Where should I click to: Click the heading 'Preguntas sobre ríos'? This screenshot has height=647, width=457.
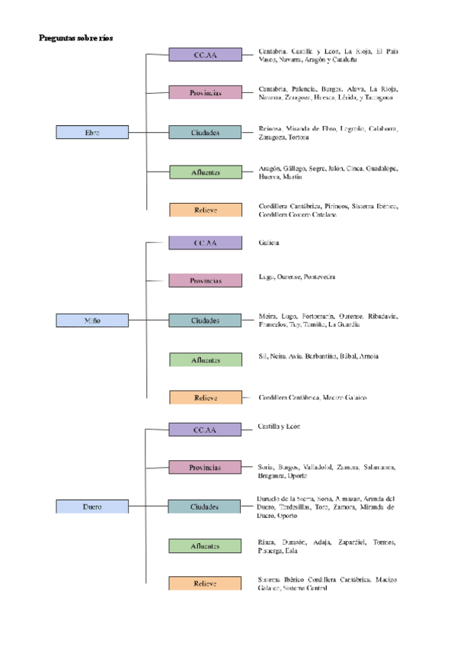point(75,37)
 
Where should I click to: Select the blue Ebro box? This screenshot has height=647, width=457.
point(92,133)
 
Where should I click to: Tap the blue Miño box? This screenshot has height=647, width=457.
point(92,320)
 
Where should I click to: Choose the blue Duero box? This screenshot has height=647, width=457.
point(92,507)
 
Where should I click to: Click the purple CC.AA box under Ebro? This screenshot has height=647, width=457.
point(205,55)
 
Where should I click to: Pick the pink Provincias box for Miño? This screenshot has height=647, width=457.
point(205,280)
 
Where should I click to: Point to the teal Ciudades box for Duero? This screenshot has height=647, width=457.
point(205,507)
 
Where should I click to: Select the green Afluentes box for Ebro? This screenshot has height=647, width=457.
point(205,172)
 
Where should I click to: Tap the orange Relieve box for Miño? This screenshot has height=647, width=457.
point(205,398)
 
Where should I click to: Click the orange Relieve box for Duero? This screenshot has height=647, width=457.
point(205,584)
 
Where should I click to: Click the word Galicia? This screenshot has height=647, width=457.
point(269,243)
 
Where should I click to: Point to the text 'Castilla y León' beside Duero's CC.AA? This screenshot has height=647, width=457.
point(280,426)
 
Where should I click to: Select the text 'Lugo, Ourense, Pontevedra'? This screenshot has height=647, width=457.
point(297,276)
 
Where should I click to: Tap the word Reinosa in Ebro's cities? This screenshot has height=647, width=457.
point(271,128)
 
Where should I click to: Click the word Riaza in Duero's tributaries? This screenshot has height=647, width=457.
point(267,542)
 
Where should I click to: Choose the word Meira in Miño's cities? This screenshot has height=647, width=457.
point(267,316)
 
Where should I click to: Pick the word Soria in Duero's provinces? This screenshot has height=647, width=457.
point(267,466)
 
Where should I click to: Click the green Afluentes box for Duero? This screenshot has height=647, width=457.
point(205,546)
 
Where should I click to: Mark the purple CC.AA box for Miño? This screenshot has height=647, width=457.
point(205,243)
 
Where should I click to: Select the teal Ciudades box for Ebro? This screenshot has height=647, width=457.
point(205,133)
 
